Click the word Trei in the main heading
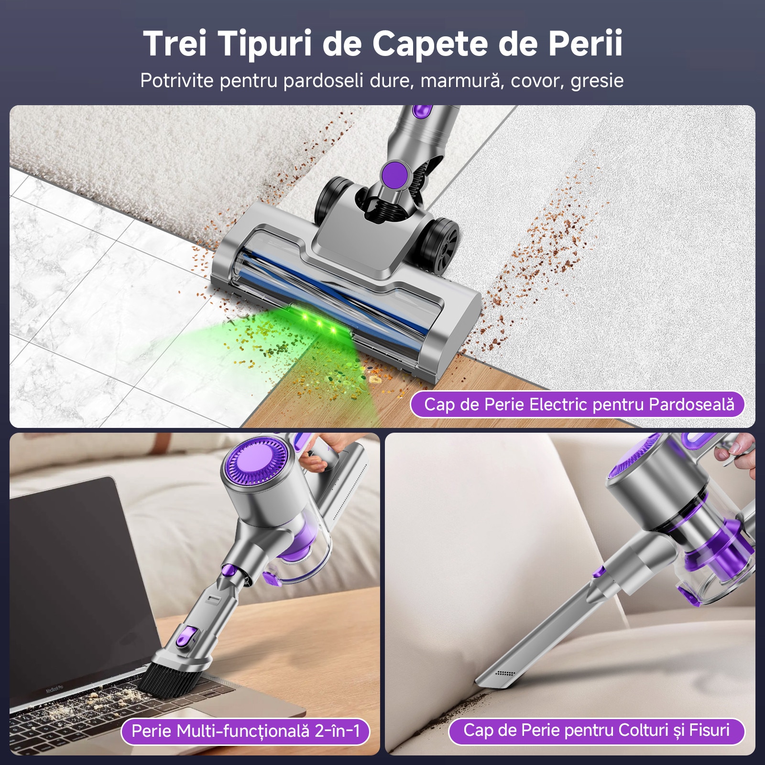tap(175, 44)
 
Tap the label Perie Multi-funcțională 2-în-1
tap(245, 731)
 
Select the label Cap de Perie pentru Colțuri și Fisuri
tap(596, 730)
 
